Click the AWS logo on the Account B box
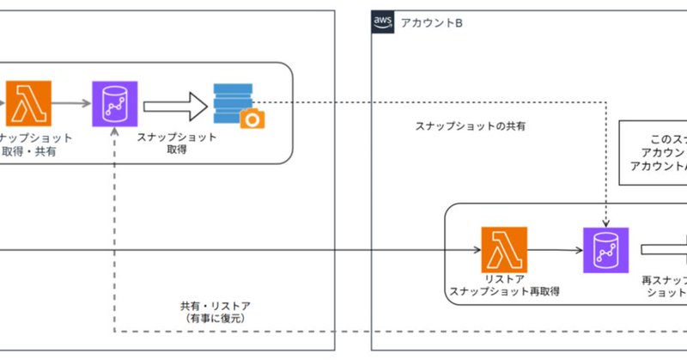pyautogui.click(x=383, y=21)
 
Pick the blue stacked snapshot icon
pyautogui.click(x=234, y=101)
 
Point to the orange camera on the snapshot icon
pyautogui.click(x=252, y=119)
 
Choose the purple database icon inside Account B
pyautogui.click(x=605, y=250)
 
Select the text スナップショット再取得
pyautogui.click(x=505, y=292)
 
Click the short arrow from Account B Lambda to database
pyautogui.click(x=554, y=251)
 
